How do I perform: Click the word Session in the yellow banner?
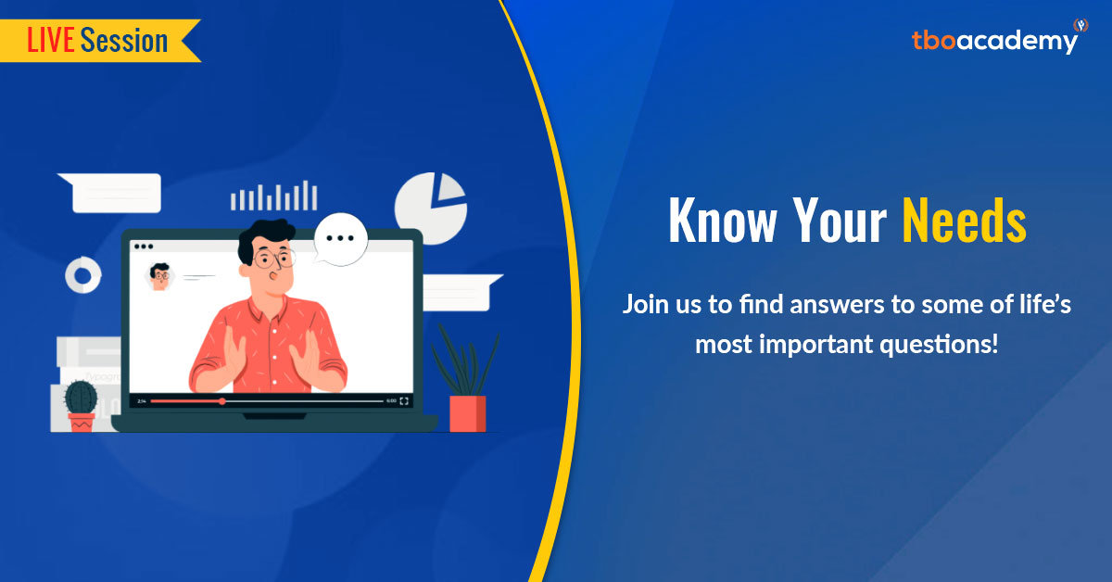(x=124, y=40)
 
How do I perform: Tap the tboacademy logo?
(x=994, y=40)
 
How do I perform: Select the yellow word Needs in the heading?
(x=964, y=222)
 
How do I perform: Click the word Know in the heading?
(x=721, y=222)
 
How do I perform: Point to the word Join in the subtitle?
(x=646, y=304)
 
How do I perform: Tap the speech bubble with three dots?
(x=340, y=239)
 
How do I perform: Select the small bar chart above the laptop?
(x=273, y=196)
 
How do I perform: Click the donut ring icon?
(x=82, y=274)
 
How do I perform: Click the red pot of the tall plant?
(x=467, y=413)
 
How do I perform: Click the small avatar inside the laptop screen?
(x=160, y=275)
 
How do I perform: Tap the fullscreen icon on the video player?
(x=404, y=401)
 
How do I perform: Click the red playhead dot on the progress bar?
(x=222, y=401)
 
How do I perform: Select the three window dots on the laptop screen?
(x=143, y=247)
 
